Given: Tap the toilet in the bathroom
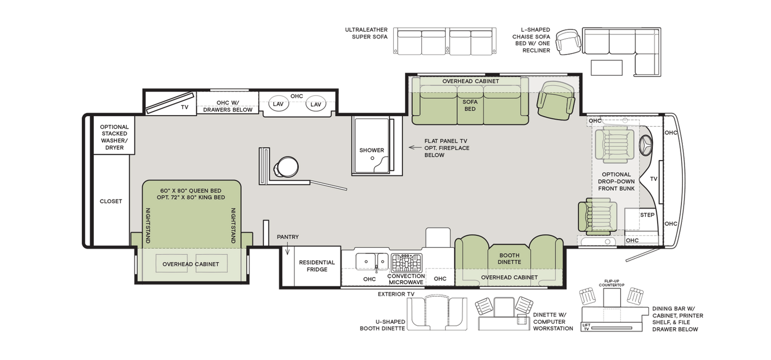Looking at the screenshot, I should click(285, 167).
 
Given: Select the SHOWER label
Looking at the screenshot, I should click(372, 150).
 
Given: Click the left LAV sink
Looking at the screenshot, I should click(278, 105).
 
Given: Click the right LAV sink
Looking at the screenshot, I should click(316, 105).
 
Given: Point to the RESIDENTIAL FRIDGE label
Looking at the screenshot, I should click(317, 266).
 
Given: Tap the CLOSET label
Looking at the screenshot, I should click(111, 201).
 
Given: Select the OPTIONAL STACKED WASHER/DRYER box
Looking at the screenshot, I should click(114, 137).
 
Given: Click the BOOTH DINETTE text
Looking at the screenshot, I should click(509, 259).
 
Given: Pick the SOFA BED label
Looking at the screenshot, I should click(470, 105).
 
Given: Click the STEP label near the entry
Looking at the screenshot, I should click(647, 215).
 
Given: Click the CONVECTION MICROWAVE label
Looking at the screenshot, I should click(406, 279).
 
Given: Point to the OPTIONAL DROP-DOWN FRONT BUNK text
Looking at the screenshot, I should click(616, 181).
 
